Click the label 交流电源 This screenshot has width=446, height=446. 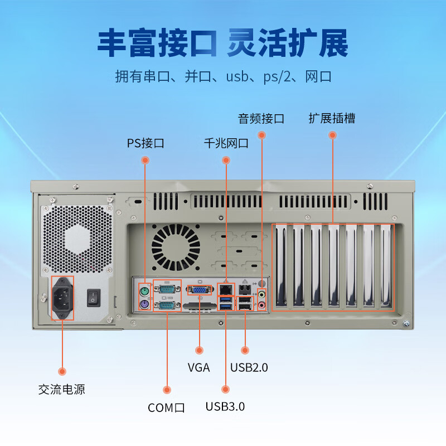62,389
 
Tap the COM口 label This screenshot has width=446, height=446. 166,408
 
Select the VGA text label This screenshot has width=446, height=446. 199,367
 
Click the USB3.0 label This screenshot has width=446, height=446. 225,406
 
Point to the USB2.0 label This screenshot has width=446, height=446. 249,367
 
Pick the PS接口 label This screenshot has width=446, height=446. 146,143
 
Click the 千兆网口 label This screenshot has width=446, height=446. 226,143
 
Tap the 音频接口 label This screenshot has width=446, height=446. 261,119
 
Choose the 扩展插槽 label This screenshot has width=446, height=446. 332,118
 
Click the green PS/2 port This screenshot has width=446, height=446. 144,291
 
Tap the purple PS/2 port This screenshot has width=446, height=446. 144,304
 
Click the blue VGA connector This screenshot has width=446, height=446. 200,290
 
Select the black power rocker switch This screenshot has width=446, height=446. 94,298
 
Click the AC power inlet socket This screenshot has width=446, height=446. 62,298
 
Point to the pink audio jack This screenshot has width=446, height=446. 261,306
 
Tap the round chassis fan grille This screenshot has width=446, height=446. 176,247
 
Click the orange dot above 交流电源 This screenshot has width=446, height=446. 62,371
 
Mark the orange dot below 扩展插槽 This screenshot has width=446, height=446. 332,135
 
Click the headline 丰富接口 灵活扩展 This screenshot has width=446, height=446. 222,43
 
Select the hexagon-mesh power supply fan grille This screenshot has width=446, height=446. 77,239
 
